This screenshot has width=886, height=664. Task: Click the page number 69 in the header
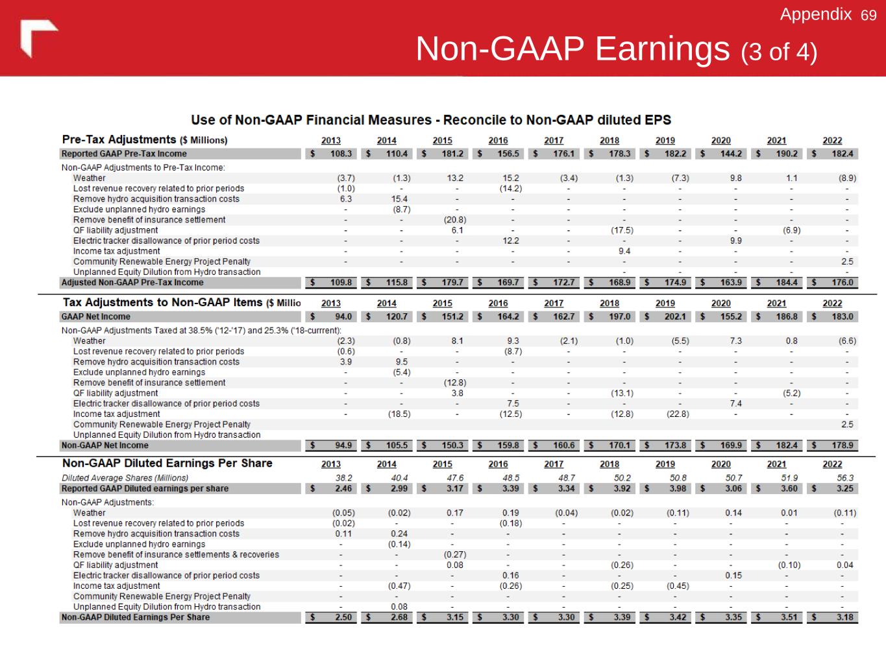[868, 15]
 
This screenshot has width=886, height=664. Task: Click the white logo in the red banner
[38, 38]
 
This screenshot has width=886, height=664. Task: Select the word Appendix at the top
[815, 14]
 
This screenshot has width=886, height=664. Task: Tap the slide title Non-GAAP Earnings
[573, 49]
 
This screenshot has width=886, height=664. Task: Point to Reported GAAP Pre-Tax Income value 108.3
[341, 154]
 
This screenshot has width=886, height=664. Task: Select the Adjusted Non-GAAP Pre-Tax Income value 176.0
[843, 283]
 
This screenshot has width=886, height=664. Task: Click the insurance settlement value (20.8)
[454, 220]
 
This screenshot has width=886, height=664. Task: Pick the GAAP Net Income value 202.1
[675, 316]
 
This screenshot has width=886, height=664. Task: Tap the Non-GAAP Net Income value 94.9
[343, 445]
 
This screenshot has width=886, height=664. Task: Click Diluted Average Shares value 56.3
[845, 478]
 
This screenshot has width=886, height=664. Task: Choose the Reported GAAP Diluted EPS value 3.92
[622, 488]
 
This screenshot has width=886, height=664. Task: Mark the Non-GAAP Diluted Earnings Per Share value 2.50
[343, 617]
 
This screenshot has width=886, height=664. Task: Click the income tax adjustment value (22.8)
[677, 414]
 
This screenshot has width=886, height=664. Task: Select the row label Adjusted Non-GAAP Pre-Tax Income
[132, 283]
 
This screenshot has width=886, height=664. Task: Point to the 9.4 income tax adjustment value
[624, 251]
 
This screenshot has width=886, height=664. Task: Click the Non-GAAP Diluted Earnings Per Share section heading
[167, 463]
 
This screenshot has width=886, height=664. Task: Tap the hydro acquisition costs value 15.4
[399, 199]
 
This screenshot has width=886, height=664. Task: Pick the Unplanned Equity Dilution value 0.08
[399, 607]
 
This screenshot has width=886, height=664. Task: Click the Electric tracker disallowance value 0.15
[733, 575]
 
